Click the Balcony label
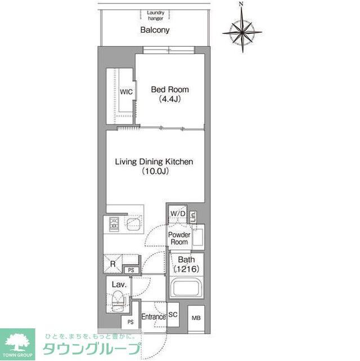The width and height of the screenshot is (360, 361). [x=155, y=30]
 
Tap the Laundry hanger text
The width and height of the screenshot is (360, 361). [x=155, y=15]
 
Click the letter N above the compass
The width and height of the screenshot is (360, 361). [x=241, y=5]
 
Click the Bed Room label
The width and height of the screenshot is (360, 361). [x=170, y=90]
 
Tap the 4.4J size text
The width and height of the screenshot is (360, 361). [x=170, y=100]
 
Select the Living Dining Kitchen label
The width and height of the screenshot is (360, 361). [x=154, y=162]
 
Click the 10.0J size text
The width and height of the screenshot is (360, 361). [x=154, y=172]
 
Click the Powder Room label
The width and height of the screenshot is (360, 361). [x=178, y=238]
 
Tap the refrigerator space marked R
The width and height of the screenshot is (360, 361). [x=113, y=262]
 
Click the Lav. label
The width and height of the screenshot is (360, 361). [x=118, y=285]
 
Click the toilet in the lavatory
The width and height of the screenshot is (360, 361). [x=118, y=302]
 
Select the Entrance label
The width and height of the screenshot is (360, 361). [x=153, y=317]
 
